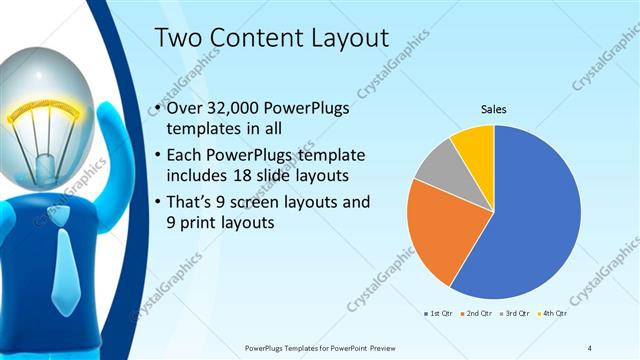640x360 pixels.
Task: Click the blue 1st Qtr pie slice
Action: pos(530,215)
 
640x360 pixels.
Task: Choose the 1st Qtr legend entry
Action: pos(437,314)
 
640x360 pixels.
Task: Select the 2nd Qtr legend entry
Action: pos(476,314)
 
